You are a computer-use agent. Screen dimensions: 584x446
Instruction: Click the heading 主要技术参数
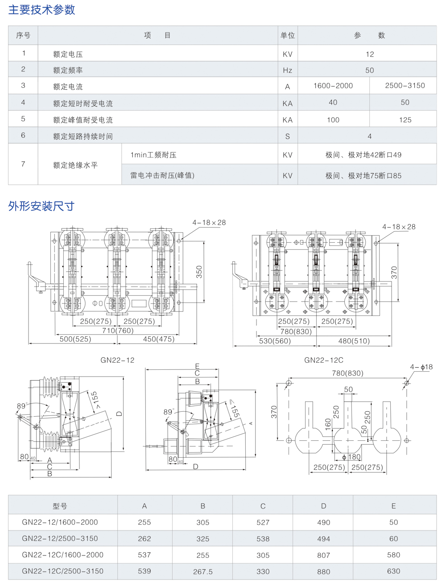41,10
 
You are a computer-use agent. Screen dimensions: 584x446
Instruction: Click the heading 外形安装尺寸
41,206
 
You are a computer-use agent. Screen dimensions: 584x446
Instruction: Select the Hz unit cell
288,70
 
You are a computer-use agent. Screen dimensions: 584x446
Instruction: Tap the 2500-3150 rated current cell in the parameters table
405,86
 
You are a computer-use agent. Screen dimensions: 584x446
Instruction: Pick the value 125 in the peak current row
405,120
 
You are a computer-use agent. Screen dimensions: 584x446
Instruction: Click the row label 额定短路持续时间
83,137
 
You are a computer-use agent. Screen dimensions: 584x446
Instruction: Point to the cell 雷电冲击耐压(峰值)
162,176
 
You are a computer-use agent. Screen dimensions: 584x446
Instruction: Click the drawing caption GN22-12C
324,360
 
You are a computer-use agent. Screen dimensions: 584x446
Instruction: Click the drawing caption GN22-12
117,360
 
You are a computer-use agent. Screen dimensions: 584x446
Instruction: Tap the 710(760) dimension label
118,331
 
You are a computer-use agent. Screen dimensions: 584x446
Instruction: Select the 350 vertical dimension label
199,272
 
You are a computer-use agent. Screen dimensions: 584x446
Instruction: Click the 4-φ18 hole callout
421,367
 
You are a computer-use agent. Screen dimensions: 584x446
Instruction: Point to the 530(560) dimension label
275,341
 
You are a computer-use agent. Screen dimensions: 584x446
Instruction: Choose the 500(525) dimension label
75,339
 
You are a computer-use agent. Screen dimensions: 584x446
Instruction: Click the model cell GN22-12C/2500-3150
62,571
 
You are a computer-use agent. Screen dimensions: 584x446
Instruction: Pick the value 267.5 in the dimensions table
203,572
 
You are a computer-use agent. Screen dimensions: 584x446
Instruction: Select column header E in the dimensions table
393,506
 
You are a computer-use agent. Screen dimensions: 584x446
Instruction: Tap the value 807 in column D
324,555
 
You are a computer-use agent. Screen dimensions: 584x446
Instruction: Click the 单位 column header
288,36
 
